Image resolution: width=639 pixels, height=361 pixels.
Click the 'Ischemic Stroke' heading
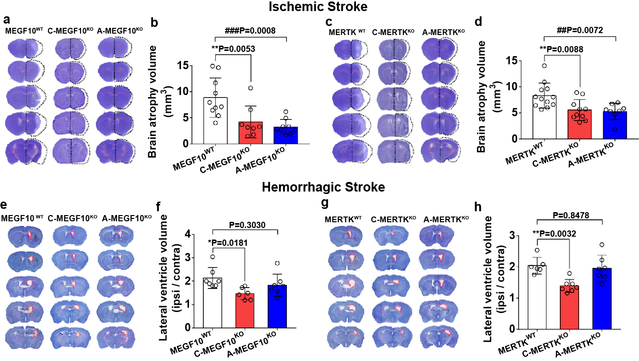319,7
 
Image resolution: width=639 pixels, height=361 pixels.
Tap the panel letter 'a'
7,20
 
